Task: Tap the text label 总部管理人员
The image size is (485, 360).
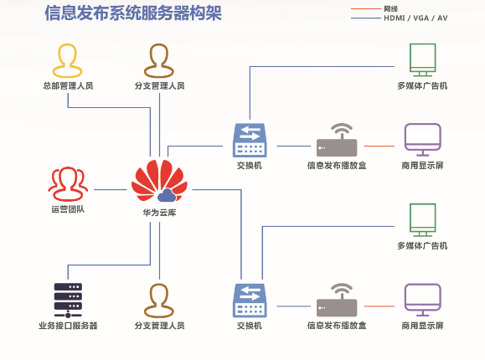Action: coord(68,85)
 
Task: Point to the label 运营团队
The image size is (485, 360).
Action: coord(68,209)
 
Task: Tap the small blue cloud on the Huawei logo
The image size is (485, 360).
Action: coord(167,195)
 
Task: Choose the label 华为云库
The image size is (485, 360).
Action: coord(159,213)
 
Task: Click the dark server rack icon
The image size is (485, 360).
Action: coord(68,301)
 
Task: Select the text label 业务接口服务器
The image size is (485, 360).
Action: coord(68,326)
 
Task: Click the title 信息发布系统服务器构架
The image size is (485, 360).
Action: coord(133,13)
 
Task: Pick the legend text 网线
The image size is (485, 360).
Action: coord(390,8)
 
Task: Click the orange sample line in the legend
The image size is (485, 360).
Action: coord(365,9)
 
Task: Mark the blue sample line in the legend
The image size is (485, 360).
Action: coord(365,18)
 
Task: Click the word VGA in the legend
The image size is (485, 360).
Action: coord(421,18)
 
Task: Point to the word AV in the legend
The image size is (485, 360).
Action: coord(442,18)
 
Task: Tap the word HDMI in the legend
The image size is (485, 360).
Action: coord(394,18)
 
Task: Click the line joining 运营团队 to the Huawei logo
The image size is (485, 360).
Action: coord(111,189)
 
